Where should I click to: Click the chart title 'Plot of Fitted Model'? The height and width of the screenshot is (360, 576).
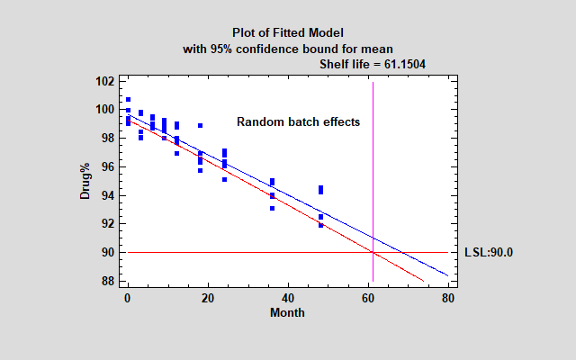pos(288,33)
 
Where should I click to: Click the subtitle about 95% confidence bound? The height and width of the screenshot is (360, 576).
pos(288,49)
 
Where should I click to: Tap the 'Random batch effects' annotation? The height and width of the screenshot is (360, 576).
pos(298,121)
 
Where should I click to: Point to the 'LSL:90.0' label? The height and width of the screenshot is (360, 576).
pos(488,253)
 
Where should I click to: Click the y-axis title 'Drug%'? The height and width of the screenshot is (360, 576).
pos(85,181)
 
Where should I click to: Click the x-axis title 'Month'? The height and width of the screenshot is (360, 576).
pos(288,313)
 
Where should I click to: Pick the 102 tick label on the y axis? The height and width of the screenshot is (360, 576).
pos(104,81)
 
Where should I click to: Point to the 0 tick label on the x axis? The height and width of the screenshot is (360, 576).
pos(128,298)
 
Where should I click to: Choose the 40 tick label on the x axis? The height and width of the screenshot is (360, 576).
pos(288,298)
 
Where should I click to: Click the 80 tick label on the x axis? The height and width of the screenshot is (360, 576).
pos(448,298)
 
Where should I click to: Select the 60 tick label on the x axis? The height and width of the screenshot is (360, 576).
pos(368,298)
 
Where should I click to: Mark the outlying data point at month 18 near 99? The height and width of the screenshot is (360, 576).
pos(200,125)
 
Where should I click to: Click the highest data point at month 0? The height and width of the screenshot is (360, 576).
pos(128,99)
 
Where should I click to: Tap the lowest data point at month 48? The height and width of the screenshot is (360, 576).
pos(320,225)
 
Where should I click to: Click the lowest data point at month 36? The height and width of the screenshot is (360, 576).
pos(272,208)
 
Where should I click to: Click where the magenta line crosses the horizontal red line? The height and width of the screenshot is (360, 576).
pos(373,252)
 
